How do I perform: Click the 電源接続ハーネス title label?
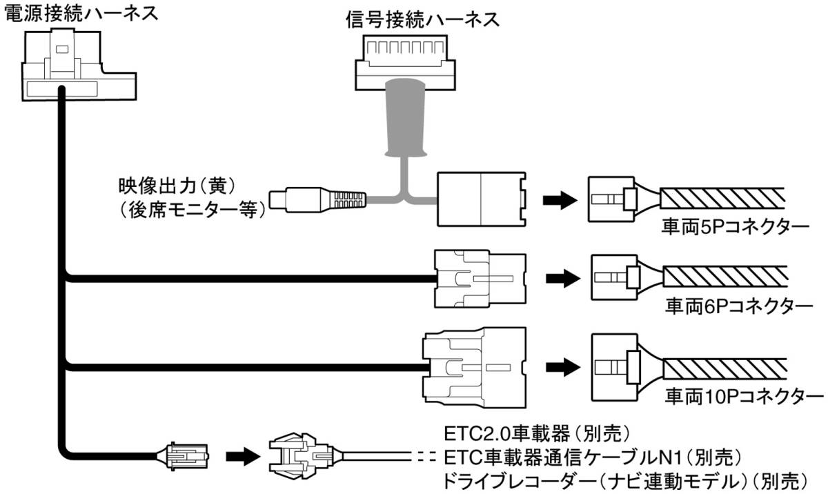pos(79,12)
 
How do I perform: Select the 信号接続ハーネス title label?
pos(422,20)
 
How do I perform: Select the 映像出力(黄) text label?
pos(177,186)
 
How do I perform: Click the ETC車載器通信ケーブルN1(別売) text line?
pos(592,457)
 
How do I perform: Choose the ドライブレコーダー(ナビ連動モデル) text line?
pos(625,480)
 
